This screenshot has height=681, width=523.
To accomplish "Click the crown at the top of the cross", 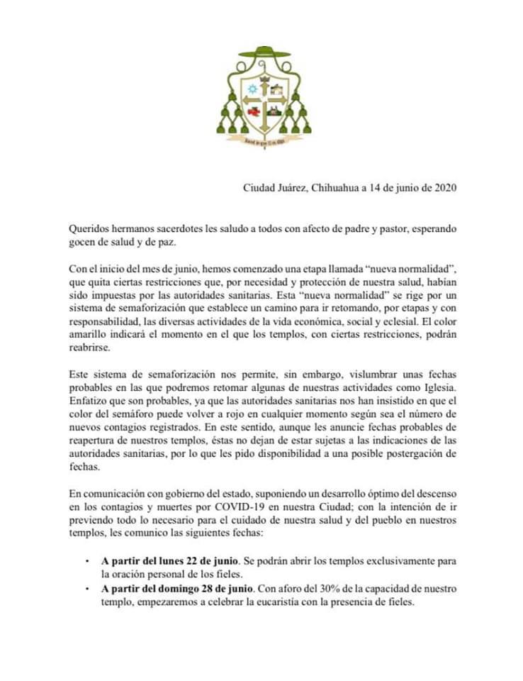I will (264, 79).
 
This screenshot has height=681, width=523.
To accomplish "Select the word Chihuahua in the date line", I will (334, 188).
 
